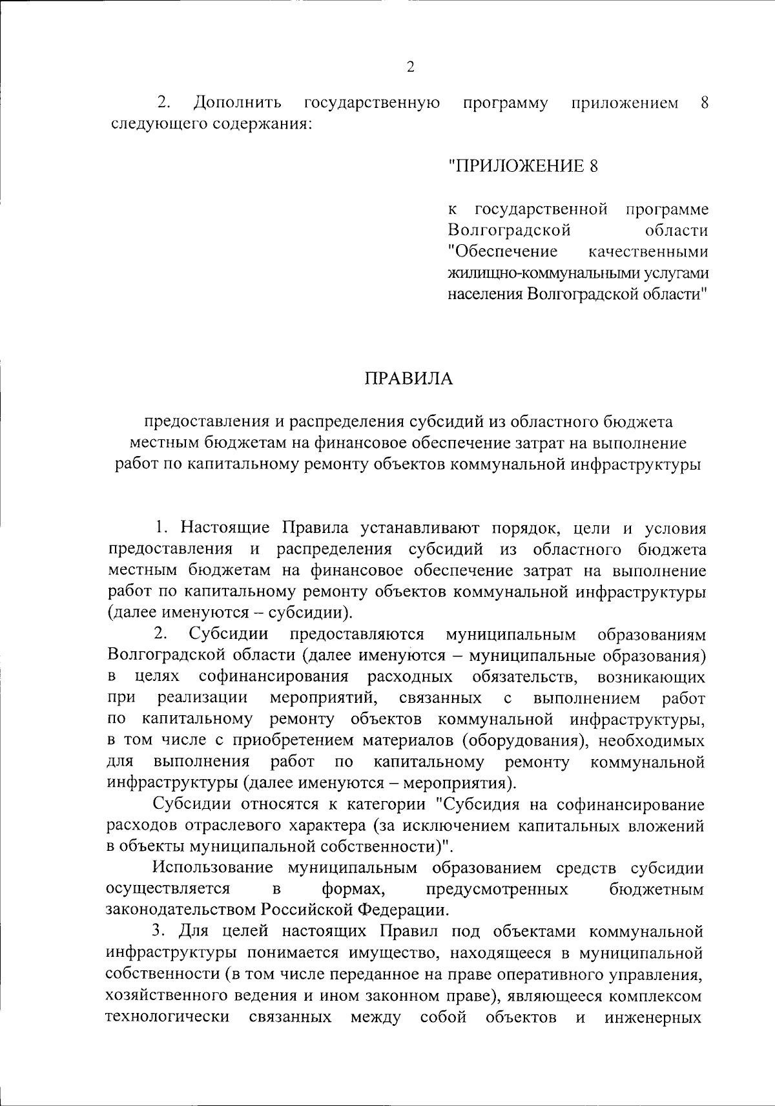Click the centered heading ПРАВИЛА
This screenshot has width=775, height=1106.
(409, 378)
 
